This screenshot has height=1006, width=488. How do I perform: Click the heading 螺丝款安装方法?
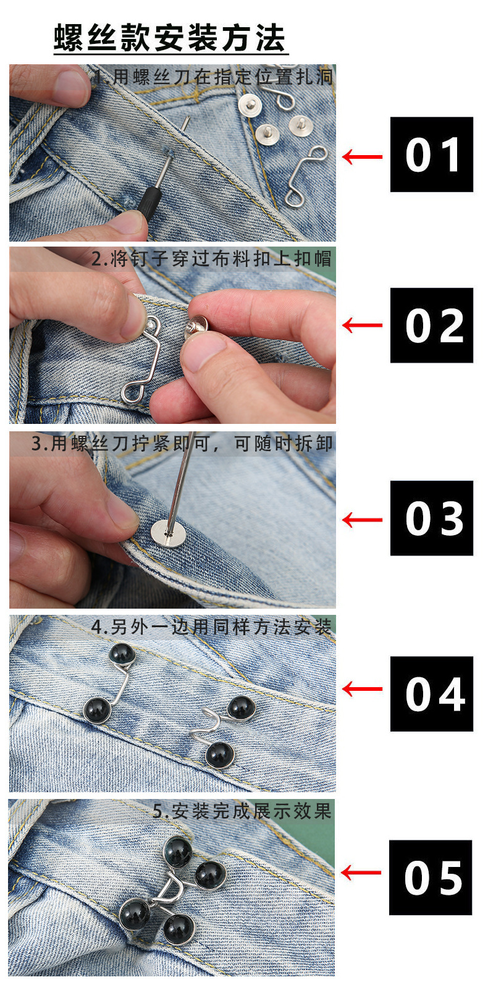point(170,38)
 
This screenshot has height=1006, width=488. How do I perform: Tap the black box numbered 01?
point(431,154)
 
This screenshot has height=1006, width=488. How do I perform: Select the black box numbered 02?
point(431,325)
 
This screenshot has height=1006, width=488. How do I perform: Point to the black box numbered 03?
point(431,518)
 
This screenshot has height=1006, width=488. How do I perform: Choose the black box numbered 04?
point(431,694)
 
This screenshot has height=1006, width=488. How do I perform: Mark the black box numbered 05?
point(430,877)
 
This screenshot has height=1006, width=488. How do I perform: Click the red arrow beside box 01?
point(362,157)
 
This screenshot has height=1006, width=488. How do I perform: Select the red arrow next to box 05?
point(361,873)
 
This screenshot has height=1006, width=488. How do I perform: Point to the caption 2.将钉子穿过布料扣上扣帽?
point(211,258)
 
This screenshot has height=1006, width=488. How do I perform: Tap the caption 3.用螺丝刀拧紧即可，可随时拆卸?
point(182,443)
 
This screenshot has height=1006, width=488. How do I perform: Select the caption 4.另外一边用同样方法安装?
point(211,627)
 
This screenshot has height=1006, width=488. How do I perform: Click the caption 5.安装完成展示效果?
point(242,811)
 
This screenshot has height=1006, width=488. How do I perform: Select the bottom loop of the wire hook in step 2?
point(134,391)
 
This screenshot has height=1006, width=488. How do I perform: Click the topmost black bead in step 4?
point(121,654)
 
